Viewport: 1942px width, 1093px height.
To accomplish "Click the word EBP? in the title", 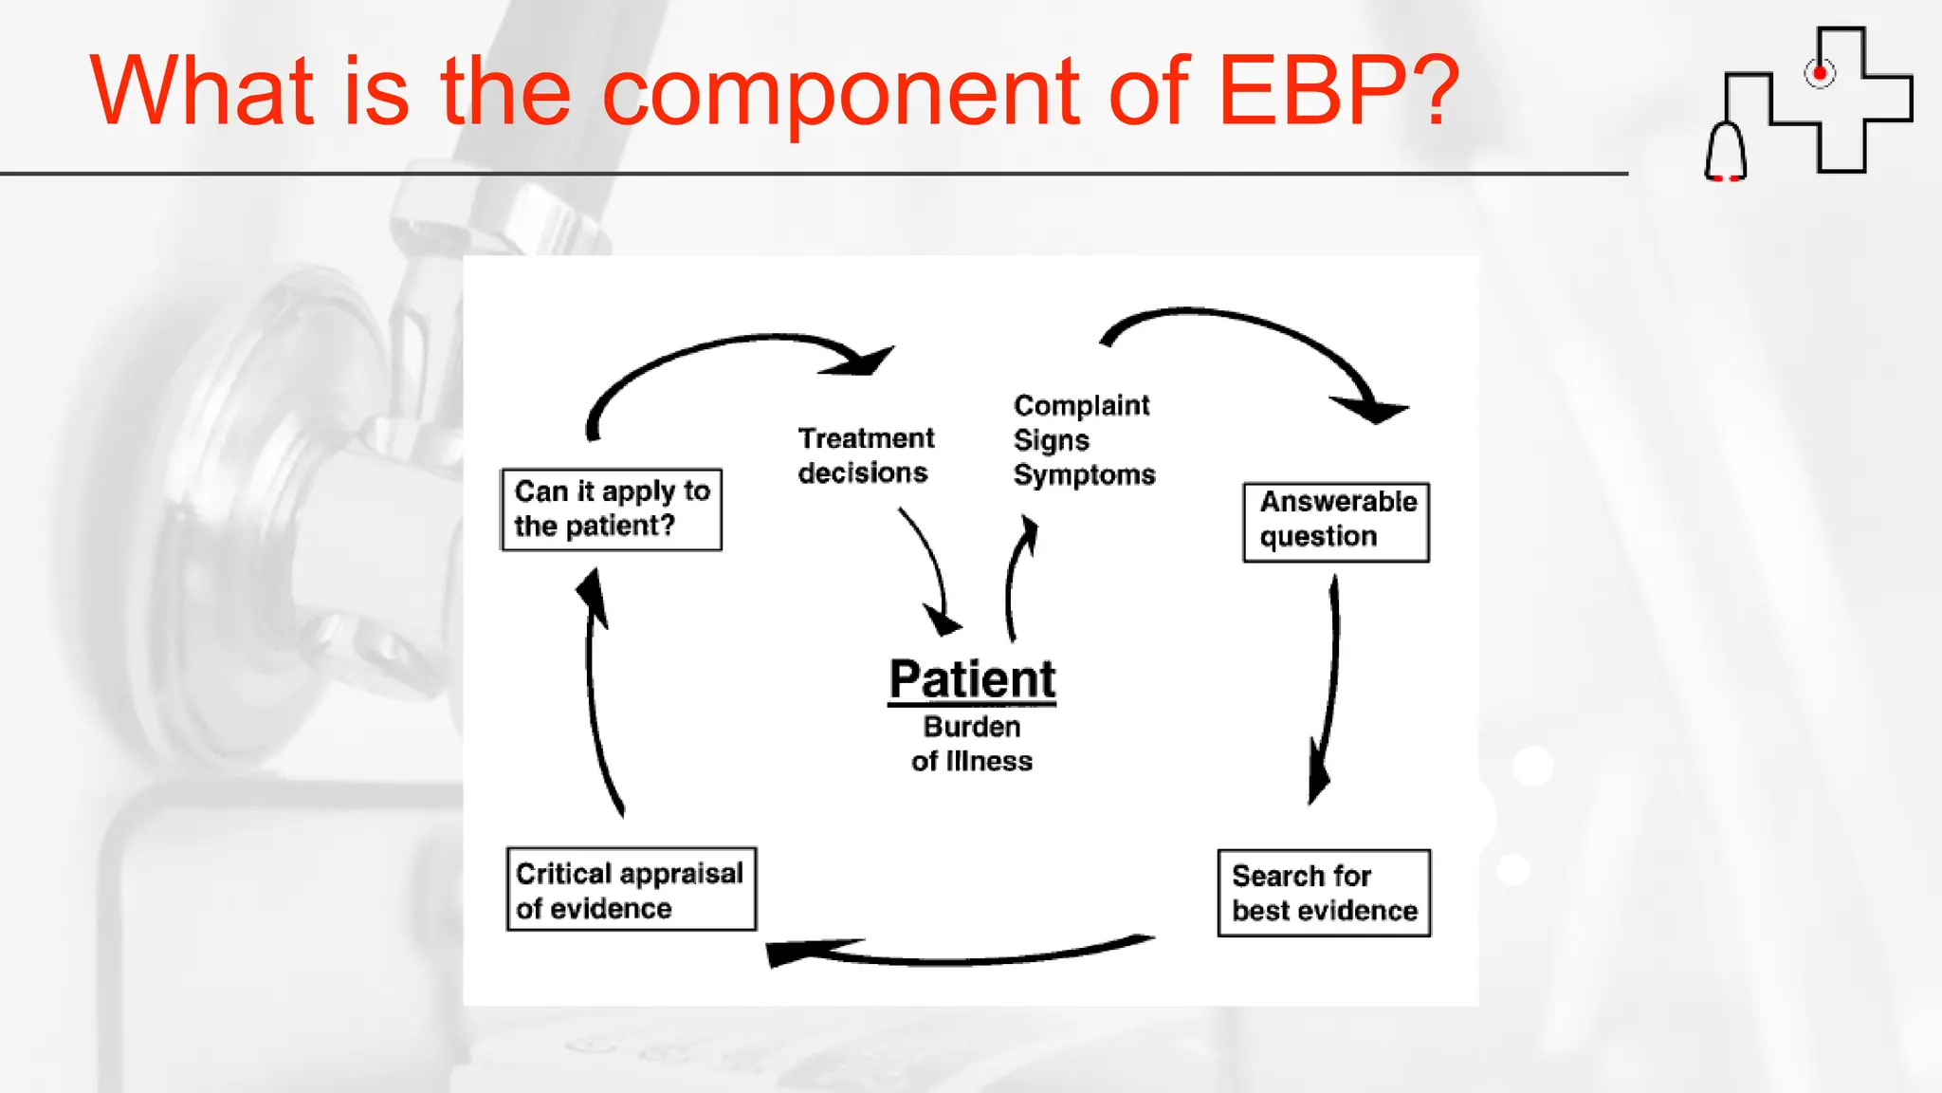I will pyautogui.click(x=1337, y=91).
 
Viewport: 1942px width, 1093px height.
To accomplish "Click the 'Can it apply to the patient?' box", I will pyautogui.click(x=612, y=509).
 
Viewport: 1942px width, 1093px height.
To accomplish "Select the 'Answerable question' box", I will pyautogui.click(x=1336, y=522).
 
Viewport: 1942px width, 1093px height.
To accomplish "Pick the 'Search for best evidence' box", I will pyautogui.click(x=1324, y=893).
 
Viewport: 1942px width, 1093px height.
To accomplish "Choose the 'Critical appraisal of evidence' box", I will pyautogui.click(x=631, y=889).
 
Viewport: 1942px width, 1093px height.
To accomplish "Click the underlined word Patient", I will pyautogui.click(x=972, y=679).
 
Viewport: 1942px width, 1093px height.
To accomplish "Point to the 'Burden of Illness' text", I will pyautogui.click(x=972, y=744).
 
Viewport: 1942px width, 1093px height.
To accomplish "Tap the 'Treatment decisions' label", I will pyautogui.click(x=865, y=455).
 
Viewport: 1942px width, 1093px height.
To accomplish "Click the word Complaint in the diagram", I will pyautogui.click(x=1081, y=406).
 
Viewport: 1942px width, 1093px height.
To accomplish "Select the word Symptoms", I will pyautogui.click(x=1084, y=474).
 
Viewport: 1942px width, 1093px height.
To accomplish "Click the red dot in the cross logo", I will pyautogui.click(x=1819, y=73).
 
